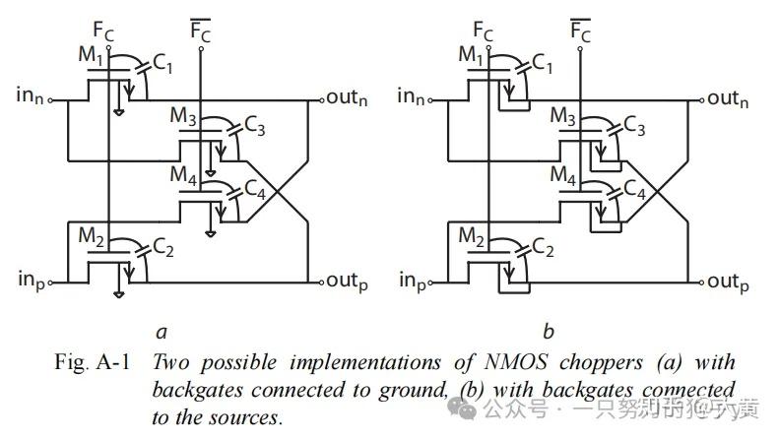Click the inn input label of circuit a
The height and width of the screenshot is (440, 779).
(31, 95)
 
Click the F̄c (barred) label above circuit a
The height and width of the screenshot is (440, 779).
(201, 32)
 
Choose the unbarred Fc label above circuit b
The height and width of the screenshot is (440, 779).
(483, 33)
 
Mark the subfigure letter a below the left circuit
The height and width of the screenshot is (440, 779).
(161, 331)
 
